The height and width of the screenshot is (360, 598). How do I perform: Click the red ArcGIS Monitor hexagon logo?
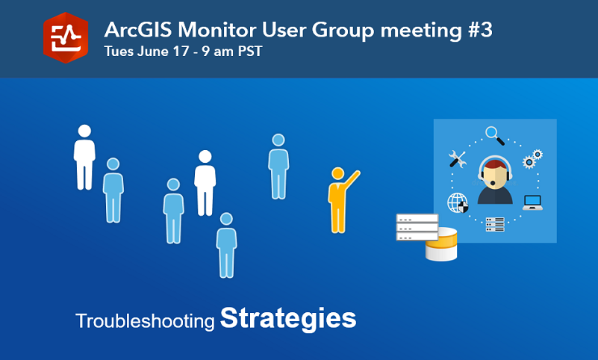pyautogui.click(x=66, y=37)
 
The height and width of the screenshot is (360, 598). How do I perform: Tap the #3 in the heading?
pyautogui.click(x=481, y=30)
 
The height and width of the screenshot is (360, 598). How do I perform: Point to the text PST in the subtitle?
pyautogui.click(x=250, y=52)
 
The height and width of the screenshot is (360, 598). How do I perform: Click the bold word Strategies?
pyautogui.click(x=288, y=319)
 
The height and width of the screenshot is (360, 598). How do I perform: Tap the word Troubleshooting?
pyautogui.click(x=146, y=321)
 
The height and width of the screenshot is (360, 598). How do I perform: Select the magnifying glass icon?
pyautogui.click(x=495, y=136)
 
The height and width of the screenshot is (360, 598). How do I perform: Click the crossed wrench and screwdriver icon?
pyautogui.click(x=457, y=159)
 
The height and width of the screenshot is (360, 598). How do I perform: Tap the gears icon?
pyautogui.click(x=532, y=158)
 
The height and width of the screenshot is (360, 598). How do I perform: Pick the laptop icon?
pyautogui.click(x=532, y=202)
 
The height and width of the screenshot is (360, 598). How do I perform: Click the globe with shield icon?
pyautogui.click(x=458, y=202)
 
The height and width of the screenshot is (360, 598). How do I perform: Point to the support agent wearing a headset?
pyautogui.click(x=495, y=180)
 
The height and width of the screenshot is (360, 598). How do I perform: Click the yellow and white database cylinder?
pyautogui.click(x=442, y=244)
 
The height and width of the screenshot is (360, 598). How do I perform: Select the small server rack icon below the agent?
pyautogui.click(x=495, y=225)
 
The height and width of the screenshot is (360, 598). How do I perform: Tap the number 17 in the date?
pyautogui.click(x=181, y=52)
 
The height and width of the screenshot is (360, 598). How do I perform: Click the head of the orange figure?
pyautogui.click(x=338, y=173)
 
